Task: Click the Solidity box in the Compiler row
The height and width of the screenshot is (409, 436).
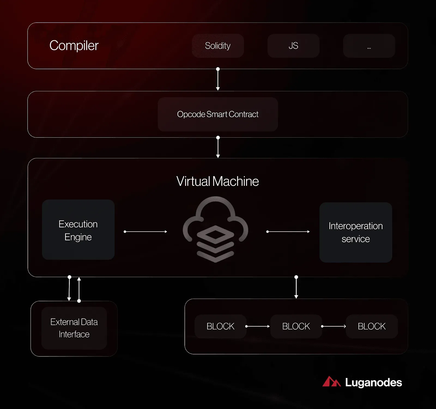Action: [218, 46]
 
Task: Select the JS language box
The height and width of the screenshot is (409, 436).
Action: [293, 46]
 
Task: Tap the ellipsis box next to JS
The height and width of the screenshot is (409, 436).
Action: [369, 46]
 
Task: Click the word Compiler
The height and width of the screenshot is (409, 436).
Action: [74, 46]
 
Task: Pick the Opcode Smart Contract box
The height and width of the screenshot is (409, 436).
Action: [218, 114]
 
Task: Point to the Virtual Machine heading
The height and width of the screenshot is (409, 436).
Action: [217, 181]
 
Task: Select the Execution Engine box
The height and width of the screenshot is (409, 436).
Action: [78, 230]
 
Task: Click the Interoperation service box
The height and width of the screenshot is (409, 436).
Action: [356, 232]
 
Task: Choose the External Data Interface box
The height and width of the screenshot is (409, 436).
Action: [74, 328]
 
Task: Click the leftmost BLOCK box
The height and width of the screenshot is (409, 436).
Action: [220, 326]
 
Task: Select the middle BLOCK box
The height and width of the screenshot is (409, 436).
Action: [296, 326]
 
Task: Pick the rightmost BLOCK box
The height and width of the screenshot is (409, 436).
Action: [372, 326]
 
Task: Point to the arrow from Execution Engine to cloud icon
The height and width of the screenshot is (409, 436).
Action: [146, 232]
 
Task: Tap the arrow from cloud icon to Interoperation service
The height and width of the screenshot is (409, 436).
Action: [288, 232]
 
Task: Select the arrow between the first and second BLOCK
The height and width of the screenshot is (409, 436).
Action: [258, 326]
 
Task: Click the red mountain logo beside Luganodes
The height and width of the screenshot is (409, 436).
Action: [332, 381]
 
